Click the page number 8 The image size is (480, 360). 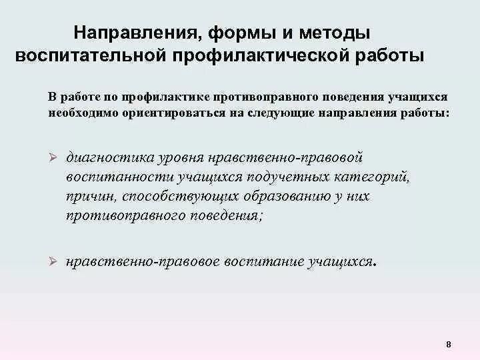(448, 345)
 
